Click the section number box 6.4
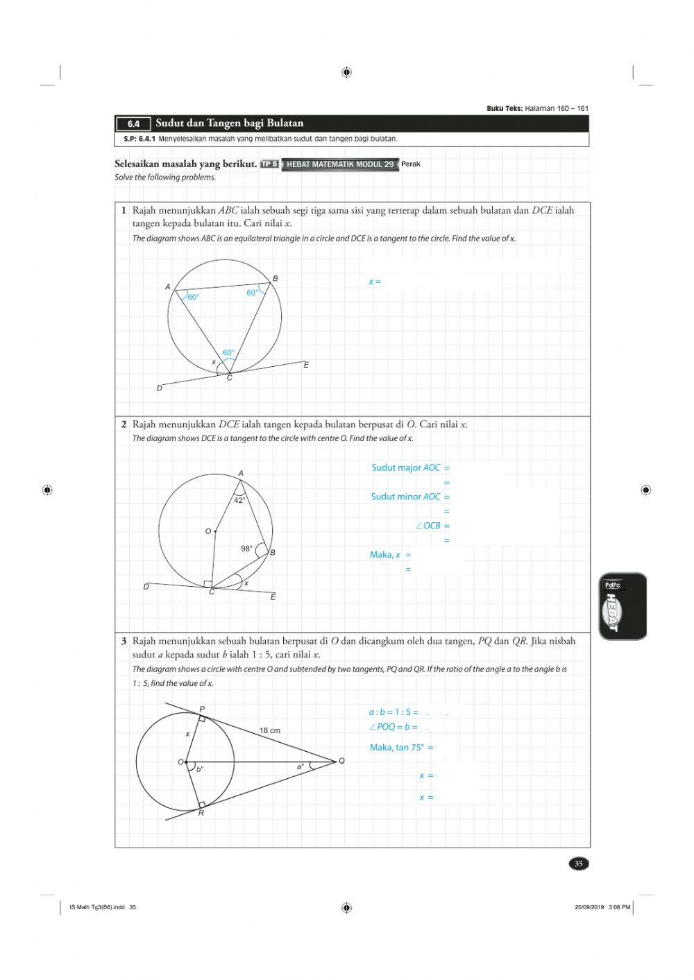coord(133,124)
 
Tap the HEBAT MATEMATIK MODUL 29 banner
coord(340,164)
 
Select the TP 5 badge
coord(269,164)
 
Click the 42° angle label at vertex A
coord(239,500)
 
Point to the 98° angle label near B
coord(246,549)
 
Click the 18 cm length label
coord(270,730)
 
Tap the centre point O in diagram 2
coord(215,531)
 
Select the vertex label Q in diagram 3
coord(341,761)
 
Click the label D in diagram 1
coord(160,388)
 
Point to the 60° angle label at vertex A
coord(193,298)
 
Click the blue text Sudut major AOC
coord(406,468)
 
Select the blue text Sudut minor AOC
coord(406,497)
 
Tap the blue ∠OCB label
coord(428,526)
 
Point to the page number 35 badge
coord(578,863)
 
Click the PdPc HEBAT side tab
coord(623,606)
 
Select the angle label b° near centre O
coord(200,769)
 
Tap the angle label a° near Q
coord(301,766)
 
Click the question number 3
coord(124,641)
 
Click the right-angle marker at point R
coord(201,805)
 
